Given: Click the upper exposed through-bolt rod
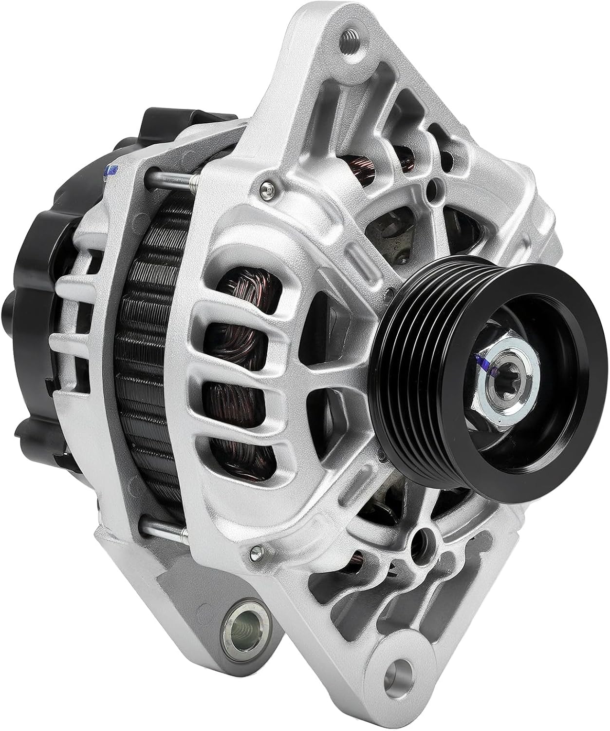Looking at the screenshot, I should pos(170,181).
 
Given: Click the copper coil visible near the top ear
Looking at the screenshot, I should pos(363,170).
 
